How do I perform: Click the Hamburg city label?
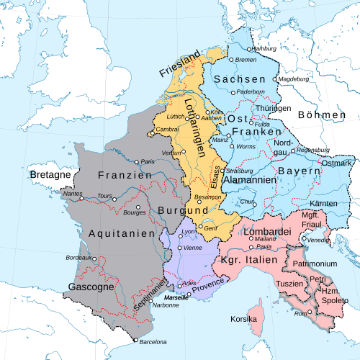coord(265,48)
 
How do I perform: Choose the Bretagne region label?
coord(50,175)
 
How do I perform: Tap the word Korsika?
coord(243,318)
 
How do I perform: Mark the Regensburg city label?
coord(312,150)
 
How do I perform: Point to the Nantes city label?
coord(73,193)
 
